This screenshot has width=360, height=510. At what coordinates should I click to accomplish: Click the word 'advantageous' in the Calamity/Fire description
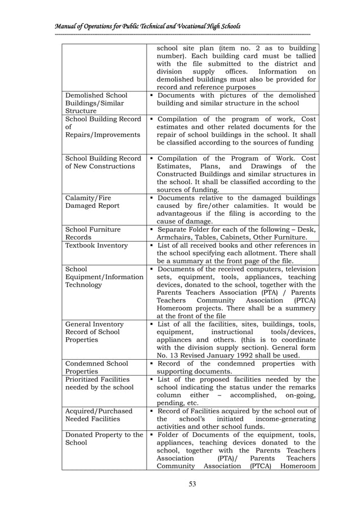click(x=183, y=214)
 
